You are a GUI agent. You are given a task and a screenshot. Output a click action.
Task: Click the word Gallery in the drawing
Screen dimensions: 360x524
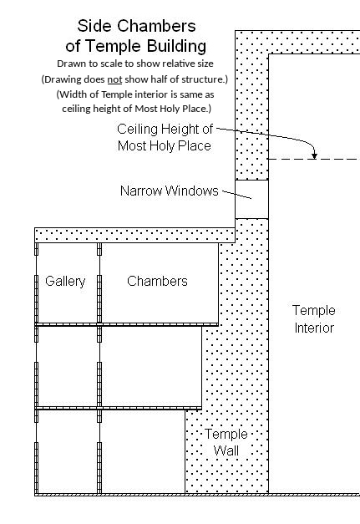coord(65,282)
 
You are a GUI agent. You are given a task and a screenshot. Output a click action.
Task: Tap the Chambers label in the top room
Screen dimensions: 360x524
coord(157,281)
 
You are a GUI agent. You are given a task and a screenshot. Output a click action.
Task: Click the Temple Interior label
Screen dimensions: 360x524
coord(314,318)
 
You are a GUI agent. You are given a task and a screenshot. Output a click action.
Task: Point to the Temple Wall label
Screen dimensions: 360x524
coord(226,442)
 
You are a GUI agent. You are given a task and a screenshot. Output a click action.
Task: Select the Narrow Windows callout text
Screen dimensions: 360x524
coord(169,191)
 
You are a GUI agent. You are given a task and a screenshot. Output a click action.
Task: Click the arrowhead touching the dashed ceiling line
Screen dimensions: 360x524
coord(314,155)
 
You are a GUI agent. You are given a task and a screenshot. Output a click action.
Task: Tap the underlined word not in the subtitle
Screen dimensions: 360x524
coord(114,79)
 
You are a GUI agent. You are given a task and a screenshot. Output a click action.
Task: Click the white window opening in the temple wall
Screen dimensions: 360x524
coord(251,200)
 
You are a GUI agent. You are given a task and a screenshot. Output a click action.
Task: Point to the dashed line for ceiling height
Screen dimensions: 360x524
coord(314,159)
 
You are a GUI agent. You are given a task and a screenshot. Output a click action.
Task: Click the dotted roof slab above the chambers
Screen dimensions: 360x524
coord(135,236)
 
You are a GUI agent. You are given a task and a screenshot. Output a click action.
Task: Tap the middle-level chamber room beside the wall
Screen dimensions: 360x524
coord(151,367)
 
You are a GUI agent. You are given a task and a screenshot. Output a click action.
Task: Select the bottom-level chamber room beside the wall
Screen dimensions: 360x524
coord(143,451)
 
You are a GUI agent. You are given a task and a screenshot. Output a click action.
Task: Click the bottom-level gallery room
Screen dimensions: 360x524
coord(68,451)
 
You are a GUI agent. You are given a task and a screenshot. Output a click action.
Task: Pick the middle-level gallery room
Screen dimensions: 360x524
coord(68,367)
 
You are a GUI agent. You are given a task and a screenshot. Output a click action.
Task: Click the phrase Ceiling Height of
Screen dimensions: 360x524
coord(165,129)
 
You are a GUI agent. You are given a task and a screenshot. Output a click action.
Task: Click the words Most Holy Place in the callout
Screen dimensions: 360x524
coord(165,146)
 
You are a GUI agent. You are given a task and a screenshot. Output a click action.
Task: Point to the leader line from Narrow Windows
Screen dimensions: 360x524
coord(236,195)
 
